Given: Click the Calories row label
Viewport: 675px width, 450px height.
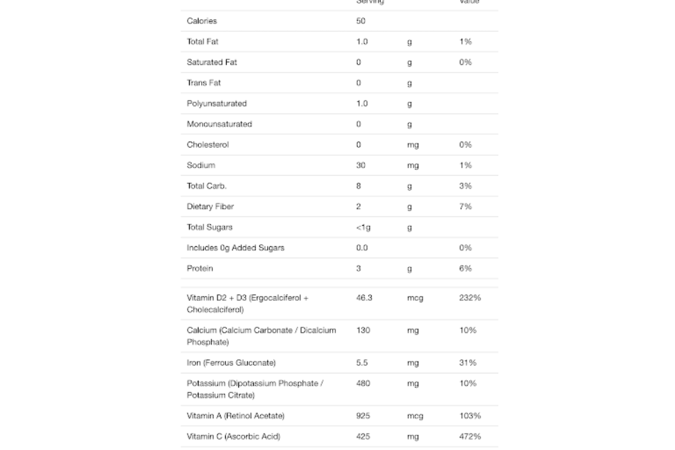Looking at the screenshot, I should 202,21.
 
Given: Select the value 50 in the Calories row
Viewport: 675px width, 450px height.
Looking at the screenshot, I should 361,21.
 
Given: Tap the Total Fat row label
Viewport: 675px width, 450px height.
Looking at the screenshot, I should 202,42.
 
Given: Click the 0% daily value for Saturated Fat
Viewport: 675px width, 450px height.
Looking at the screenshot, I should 465,62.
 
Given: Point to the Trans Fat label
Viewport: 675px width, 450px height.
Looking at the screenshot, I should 204,83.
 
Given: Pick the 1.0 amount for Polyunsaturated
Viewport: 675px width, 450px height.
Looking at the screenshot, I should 362,103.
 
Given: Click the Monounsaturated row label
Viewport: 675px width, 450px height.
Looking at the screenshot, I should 219,124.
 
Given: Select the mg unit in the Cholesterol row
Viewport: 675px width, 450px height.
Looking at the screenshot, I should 413,145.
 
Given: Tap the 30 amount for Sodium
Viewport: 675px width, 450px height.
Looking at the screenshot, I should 361,165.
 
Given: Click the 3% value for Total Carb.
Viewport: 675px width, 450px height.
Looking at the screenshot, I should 465,186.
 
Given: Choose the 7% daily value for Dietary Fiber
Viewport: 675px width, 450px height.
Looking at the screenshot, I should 465,206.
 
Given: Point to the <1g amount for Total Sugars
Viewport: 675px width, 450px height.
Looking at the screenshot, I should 363,227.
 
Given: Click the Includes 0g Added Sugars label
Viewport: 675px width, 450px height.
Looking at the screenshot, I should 235,248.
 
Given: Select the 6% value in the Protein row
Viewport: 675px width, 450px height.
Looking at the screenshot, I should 465,268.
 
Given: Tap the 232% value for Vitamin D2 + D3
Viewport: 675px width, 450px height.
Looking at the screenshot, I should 470,298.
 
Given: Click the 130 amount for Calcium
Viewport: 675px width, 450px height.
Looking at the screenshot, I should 363,330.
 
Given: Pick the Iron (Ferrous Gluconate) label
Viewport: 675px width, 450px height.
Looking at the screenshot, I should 231,363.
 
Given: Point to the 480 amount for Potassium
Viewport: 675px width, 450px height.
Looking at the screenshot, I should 363,383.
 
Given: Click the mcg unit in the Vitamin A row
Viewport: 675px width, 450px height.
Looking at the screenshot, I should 415,416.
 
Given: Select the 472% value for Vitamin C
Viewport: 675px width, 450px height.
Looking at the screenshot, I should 470,436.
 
